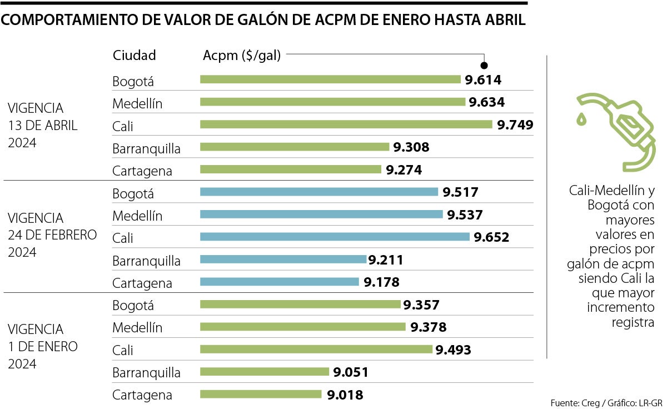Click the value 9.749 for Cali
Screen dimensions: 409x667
click(x=515, y=125)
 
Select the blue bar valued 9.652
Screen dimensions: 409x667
click(x=335, y=237)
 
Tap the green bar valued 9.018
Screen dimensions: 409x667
click(x=261, y=394)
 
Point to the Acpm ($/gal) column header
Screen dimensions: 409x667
click(x=242, y=55)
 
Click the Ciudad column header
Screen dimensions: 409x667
click(x=134, y=55)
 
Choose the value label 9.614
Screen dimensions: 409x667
click(x=483, y=80)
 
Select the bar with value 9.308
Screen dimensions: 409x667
click(x=295, y=147)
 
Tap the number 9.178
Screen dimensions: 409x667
click(x=381, y=282)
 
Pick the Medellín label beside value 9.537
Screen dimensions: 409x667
click(x=137, y=216)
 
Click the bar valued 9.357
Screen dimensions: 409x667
click(x=300, y=305)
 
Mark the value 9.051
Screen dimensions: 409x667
click(x=350, y=372)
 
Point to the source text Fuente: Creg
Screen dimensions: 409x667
click(x=574, y=402)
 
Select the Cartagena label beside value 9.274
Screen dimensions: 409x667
click(x=142, y=171)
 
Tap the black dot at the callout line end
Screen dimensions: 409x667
click(x=484, y=65)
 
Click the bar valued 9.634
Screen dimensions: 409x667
click(x=332, y=102)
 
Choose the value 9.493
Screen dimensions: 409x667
click(x=453, y=350)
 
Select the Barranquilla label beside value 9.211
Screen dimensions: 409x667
click(x=146, y=260)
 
